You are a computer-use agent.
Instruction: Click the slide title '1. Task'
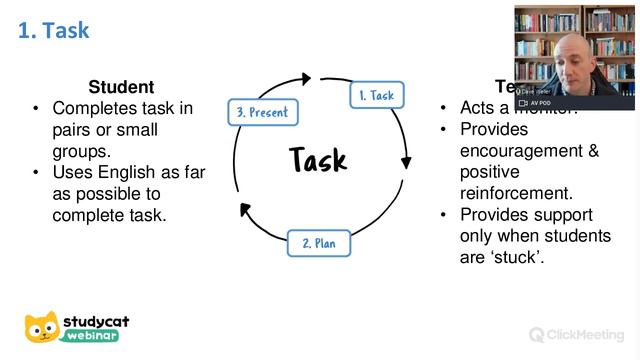tap(54, 30)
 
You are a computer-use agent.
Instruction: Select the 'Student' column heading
tap(121, 87)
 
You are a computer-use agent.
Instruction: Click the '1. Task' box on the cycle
tap(377, 95)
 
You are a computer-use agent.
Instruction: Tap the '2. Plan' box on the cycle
tap(319, 242)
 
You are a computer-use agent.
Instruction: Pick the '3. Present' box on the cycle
tap(263, 111)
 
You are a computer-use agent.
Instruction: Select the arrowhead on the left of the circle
tap(241, 208)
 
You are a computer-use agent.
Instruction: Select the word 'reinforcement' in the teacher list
tap(515, 192)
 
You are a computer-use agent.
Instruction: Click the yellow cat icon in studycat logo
tap(42, 328)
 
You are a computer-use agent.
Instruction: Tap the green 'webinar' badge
tap(95, 337)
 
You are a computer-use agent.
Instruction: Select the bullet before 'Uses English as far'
tap(36, 172)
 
